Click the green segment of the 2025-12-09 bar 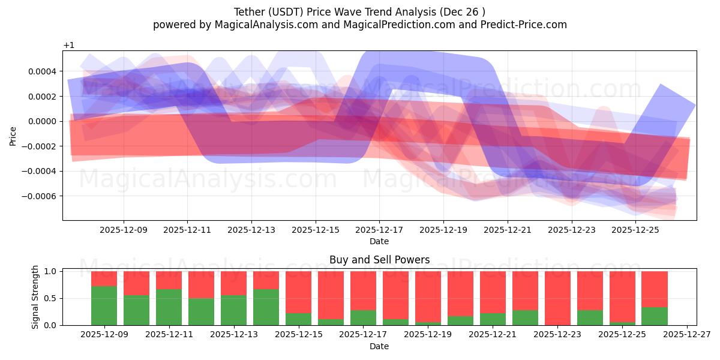tap(104, 305)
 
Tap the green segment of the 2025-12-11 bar tap(169, 307)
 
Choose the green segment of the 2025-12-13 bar tap(233, 310)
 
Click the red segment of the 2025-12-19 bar tap(428, 296)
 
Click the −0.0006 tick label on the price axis tap(38, 196)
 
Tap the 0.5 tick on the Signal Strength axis tap(52, 298)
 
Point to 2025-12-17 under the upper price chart tap(379, 229)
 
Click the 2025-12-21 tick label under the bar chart tap(493, 335)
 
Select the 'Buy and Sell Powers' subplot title tap(379, 260)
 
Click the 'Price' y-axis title tap(13, 136)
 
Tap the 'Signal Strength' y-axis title tap(35, 296)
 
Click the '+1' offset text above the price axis tap(68, 45)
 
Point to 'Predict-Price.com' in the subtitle tap(525, 25)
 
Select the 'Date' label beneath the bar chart tap(379, 346)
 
